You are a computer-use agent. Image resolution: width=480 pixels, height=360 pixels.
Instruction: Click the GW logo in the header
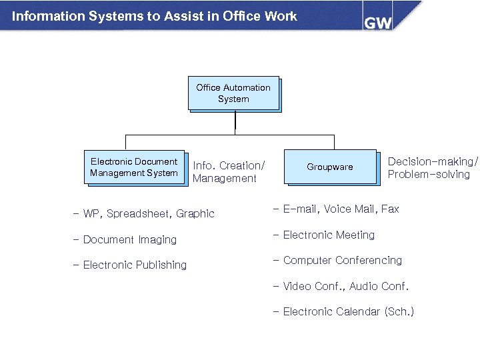click(377, 22)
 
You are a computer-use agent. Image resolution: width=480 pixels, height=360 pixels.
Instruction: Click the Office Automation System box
click(233, 93)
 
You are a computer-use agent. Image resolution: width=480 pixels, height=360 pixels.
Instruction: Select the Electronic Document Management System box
click(134, 167)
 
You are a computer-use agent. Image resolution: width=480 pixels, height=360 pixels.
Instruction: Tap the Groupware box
click(330, 167)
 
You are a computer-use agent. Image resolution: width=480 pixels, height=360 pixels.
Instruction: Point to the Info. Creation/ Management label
click(229, 172)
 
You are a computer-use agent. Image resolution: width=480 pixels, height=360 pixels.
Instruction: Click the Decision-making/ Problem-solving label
click(433, 168)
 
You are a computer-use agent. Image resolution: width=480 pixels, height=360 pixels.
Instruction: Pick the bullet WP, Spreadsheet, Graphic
click(144, 214)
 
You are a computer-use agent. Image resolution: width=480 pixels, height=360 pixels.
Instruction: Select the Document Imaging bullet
click(125, 240)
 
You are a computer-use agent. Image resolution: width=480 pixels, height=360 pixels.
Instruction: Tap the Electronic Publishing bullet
click(130, 265)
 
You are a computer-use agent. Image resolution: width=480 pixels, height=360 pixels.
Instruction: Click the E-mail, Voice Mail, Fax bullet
click(336, 209)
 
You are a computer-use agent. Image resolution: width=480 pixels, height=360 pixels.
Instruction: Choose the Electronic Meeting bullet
click(323, 235)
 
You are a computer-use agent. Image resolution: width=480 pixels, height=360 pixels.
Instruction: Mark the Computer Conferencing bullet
click(337, 261)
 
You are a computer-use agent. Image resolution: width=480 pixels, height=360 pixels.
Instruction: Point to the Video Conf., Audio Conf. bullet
click(340, 287)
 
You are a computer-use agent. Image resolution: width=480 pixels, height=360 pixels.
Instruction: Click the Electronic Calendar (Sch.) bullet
click(343, 312)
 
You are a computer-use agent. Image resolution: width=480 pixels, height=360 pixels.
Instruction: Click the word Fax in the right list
click(390, 209)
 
